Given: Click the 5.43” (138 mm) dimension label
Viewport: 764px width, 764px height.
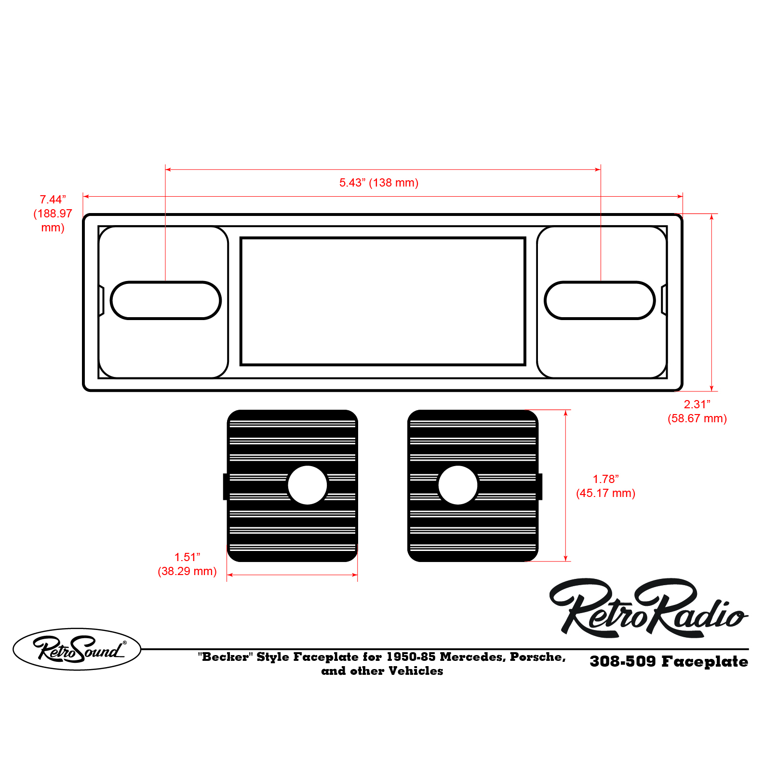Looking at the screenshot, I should pyautogui.click(x=378, y=183).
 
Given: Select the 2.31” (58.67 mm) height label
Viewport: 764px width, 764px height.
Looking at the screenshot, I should pyautogui.click(x=697, y=411).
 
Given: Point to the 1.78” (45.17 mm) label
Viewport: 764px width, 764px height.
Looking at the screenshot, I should pyautogui.click(x=605, y=486).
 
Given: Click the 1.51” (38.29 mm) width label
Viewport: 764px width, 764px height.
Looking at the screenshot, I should pyautogui.click(x=187, y=564).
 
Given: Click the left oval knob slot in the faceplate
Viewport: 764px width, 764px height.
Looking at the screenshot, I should pyautogui.click(x=165, y=300).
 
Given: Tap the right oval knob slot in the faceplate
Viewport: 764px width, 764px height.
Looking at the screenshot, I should pyautogui.click(x=600, y=300).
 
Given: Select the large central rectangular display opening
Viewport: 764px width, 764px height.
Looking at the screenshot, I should pyautogui.click(x=383, y=301).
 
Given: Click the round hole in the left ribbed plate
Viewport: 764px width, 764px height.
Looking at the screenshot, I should pyautogui.click(x=308, y=485).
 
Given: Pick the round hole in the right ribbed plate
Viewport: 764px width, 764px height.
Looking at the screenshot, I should pyautogui.click(x=458, y=485).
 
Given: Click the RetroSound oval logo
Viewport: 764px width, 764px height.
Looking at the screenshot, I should pyautogui.click(x=77, y=649).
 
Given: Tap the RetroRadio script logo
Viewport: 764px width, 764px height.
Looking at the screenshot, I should pyautogui.click(x=648, y=608).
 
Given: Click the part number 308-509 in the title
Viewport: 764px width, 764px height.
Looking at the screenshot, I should pyautogui.click(x=622, y=661).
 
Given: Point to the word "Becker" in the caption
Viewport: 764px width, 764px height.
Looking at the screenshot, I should pyautogui.click(x=225, y=657).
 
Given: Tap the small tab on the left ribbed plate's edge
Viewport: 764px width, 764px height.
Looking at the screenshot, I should pyautogui.click(x=225, y=486).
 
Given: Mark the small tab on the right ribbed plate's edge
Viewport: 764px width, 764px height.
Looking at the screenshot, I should pyautogui.click(x=540, y=486).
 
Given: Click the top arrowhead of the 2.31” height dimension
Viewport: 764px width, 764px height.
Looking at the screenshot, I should pyautogui.click(x=711, y=217).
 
